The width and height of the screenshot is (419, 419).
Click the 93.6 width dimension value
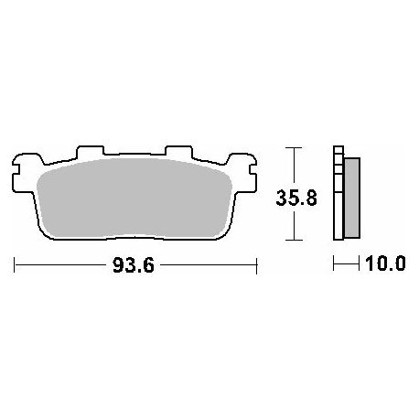coord(134,264)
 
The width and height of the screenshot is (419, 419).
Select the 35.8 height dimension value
coord(296,198)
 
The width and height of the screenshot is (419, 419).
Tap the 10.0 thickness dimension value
coord(385,263)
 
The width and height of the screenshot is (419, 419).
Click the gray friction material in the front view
coord(134,199)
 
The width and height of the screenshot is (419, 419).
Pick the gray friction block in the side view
coord(352,198)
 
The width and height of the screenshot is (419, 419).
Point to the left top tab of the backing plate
coord(91,152)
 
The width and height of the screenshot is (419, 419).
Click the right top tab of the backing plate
coord(178,152)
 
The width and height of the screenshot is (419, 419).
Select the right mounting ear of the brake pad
coord(242,173)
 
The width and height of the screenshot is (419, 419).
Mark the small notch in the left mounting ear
coord(16,170)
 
